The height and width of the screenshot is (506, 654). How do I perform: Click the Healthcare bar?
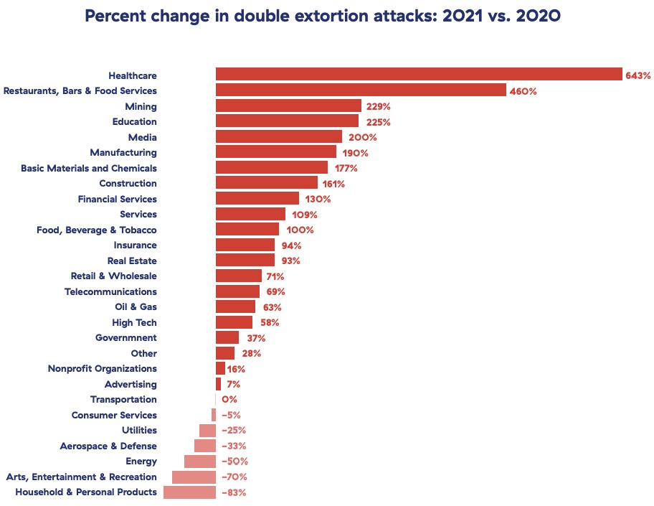click(x=419, y=75)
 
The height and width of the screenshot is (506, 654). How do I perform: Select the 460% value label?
click(x=523, y=90)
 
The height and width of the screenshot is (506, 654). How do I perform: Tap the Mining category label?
click(x=141, y=106)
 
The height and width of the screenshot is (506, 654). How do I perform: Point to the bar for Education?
click(x=287, y=121)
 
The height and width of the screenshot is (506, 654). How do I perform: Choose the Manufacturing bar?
click(x=276, y=152)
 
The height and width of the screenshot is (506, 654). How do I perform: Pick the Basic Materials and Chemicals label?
click(x=88, y=168)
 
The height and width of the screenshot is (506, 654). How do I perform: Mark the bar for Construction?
click(x=267, y=183)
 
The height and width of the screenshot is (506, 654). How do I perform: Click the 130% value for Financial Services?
click(x=316, y=199)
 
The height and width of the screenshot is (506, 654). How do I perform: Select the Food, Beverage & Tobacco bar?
click(x=247, y=230)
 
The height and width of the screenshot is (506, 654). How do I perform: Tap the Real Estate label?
click(x=132, y=261)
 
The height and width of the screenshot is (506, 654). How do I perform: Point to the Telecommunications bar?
click(x=237, y=291)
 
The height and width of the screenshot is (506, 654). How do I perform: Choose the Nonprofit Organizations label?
click(x=102, y=368)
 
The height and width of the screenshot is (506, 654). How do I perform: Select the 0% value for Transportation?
click(x=229, y=399)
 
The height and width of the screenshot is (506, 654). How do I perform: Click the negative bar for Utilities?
click(x=207, y=430)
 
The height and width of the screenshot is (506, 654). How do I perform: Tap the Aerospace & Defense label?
click(x=108, y=446)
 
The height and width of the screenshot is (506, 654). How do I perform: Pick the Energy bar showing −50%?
click(x=200, y=461)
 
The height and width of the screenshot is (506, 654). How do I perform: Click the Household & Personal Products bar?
click(x=189, y=492)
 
